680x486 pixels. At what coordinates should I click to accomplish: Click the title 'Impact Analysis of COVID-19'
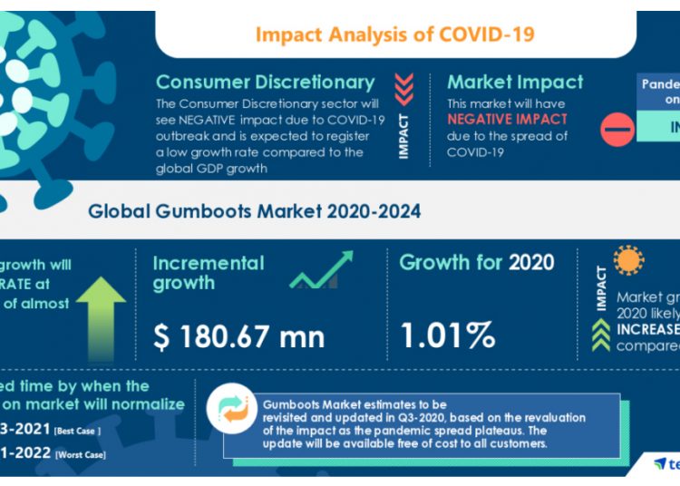tap(394, 34)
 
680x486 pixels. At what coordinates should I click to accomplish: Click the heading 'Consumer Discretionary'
tap(265, 83)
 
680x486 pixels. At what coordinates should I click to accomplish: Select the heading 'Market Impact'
tap(514, 83)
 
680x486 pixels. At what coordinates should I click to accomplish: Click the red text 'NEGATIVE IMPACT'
tap(507, 120)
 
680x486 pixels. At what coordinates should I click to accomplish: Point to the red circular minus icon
tap(617, 131)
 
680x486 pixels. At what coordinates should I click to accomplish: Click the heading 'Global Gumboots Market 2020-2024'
tap(254, 211)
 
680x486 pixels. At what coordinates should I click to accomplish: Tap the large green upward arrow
tap(101, 313)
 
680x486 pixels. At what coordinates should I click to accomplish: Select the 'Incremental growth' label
tap(208, 273)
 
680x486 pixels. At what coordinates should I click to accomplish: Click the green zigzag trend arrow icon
tap(321, 270)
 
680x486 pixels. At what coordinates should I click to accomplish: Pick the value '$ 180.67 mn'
tap(238, 336)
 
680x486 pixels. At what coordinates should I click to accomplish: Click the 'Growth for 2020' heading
tap(476, 263)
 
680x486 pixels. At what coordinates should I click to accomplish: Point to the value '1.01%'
tap(447, 335)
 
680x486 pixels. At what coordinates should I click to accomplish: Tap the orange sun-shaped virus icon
tap(628, 261)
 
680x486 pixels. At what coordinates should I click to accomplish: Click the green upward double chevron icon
tap(599, 335)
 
